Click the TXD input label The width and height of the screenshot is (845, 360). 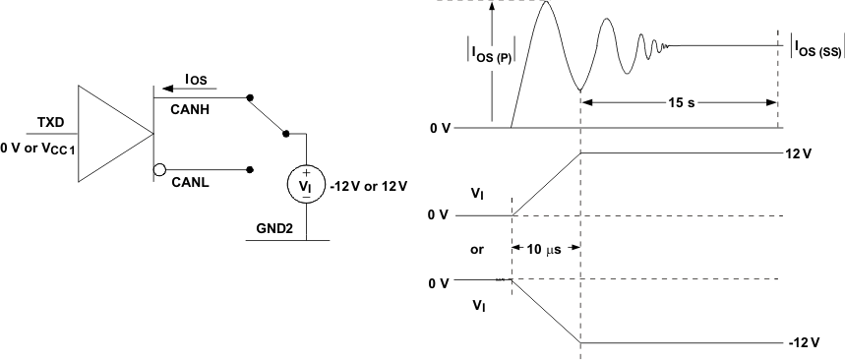[51, 122]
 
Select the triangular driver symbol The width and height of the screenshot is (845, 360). [113, 133]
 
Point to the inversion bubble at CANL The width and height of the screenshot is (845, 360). [158, 169]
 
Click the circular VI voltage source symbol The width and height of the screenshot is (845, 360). [306, 182]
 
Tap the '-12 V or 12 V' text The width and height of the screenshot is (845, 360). [369, 184]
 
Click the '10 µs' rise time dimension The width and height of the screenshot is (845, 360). [546, 249]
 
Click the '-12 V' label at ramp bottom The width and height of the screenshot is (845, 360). [802, 342]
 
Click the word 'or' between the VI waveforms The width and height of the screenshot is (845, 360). [477, 250]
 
